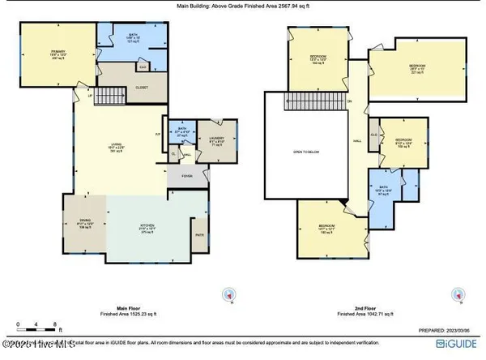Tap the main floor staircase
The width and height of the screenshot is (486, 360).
[x=110, y=97]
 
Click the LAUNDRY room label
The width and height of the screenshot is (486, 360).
[x=215, y=139]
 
